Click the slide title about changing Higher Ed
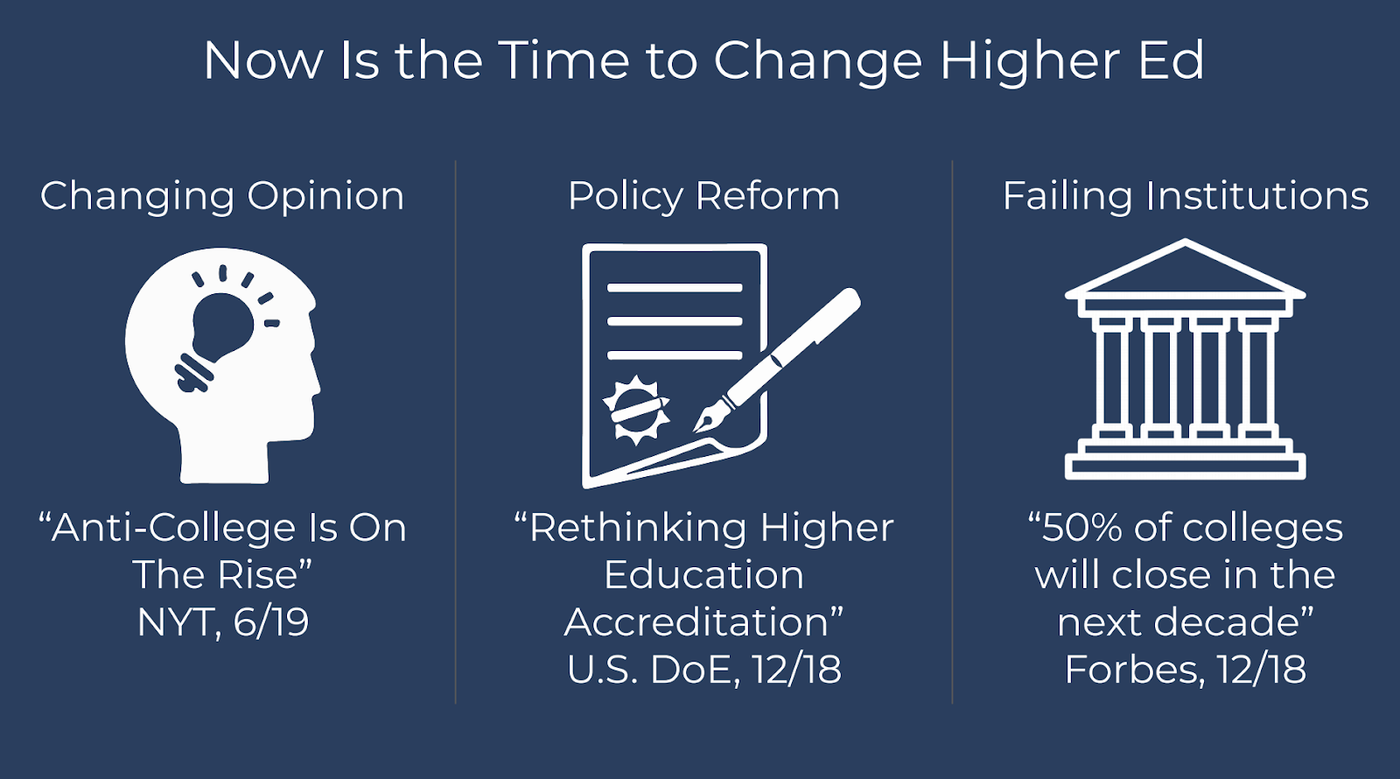tap(703, 60)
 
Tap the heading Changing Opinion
tap(222, 197)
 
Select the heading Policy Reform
tap(703, 197)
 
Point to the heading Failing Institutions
tap(1186, 196)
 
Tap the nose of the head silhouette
tap(316, 382)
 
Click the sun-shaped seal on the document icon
tap(636, 411)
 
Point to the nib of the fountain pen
tap(706, 419)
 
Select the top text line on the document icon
tap(675, 288)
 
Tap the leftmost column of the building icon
tap(1112, 378)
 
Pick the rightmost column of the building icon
tap(1257, 378)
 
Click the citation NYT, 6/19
tap(223, 623)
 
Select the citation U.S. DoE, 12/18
tap(704, 670)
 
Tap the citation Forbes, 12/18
tap(1185, 670)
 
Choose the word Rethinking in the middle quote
tap(637, 529)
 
